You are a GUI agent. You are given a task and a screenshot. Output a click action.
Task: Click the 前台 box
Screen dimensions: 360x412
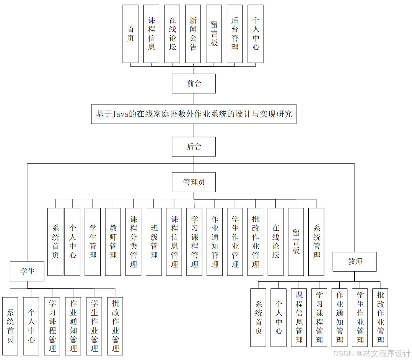pyautogui.click(x=194, y=84)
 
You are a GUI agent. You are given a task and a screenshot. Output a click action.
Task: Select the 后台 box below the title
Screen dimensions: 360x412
pyautogui.click(x=194, y=147)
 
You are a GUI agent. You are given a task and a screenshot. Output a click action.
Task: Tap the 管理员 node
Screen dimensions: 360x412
pyautogui.click(x=194, y=182)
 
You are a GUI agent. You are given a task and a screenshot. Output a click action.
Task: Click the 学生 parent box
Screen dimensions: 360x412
pyautogui.click(x=27, y=271)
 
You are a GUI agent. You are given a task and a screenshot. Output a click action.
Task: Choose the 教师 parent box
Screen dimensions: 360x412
pyautogui.click(x=355, y=262)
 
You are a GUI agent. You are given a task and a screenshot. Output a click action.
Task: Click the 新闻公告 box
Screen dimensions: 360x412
pyautogui.click(x=193, y=34)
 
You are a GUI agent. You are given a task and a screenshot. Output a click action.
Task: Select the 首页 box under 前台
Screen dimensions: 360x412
pyautogui.click(x=130, y=34)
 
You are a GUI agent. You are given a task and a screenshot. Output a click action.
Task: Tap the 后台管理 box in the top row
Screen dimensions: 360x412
pyautogui.click(x=234, y=34)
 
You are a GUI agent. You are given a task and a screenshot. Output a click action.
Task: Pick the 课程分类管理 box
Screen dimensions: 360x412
pyautogui.click(x=133, y=242)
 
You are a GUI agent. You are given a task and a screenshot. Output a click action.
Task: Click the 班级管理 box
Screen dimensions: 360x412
pyautogui.click(x=154, y=242)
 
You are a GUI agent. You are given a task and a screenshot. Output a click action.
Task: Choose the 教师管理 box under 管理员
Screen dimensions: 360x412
pyautogui.click(x=113, y=242)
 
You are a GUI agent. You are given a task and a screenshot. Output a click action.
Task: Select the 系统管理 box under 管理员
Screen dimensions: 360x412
pyautogui.click(x=316, y=242)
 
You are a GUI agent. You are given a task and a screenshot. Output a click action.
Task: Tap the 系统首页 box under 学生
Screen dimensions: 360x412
pyautogui.click(x=10, y=326)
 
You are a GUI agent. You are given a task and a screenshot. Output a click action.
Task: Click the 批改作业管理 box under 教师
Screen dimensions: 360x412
pyautogui.click(x=380, y=318)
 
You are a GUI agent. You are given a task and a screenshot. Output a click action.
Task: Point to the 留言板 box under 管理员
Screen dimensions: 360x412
pyautogui.click(x=296, y=242)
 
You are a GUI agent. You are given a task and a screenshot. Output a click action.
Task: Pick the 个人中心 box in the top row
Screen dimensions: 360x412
pyautogui.click(x=256, y=34)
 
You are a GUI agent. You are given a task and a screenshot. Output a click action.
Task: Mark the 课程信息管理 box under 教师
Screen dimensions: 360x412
pyautogui.click(x=299, y=318)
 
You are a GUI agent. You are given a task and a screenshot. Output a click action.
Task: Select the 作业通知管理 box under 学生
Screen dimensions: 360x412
pyautogui.click(x=73, y=326)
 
